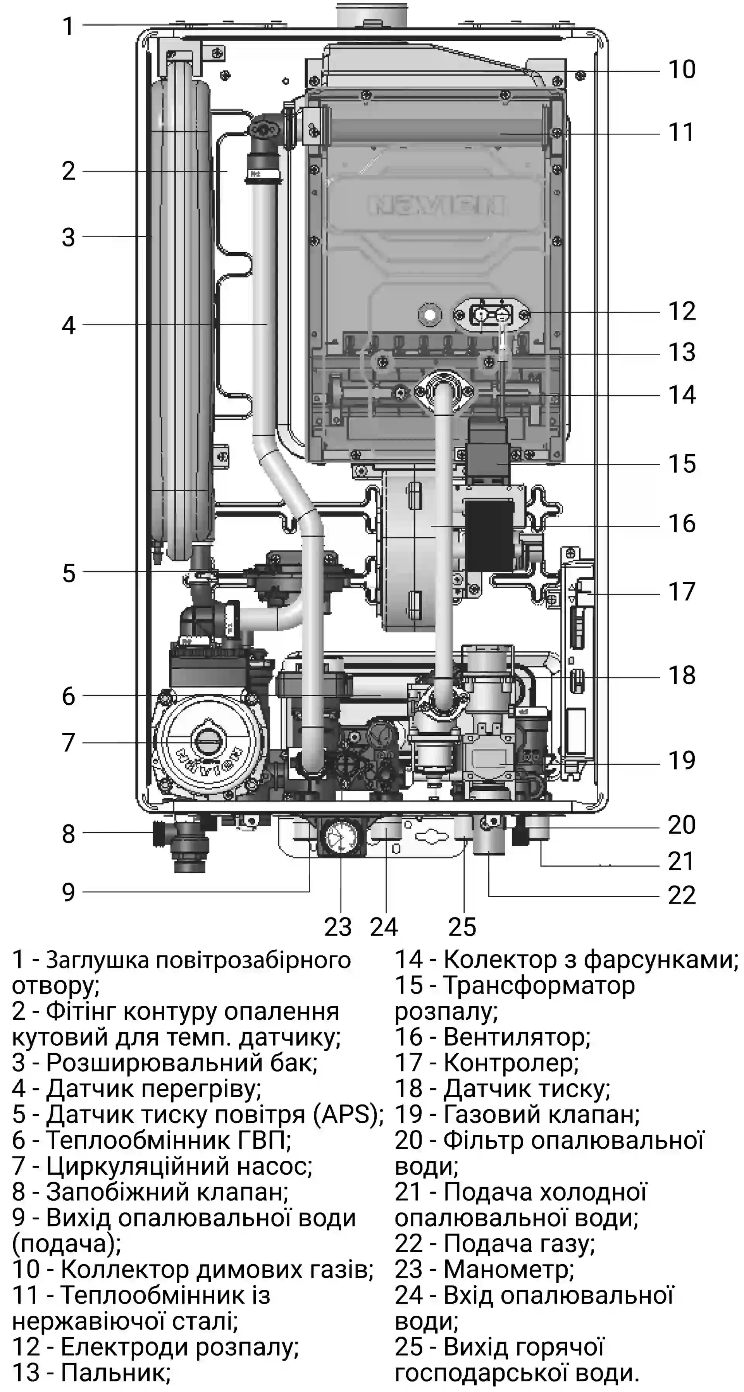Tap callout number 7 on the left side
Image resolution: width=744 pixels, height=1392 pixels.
[68, 742]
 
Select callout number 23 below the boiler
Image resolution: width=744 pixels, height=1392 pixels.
[338, 927]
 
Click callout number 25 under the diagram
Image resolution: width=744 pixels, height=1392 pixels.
[462, 927]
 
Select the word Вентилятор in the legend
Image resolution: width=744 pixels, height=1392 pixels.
[516, 1037]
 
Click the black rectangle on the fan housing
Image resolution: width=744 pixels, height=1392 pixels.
[489, 535]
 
